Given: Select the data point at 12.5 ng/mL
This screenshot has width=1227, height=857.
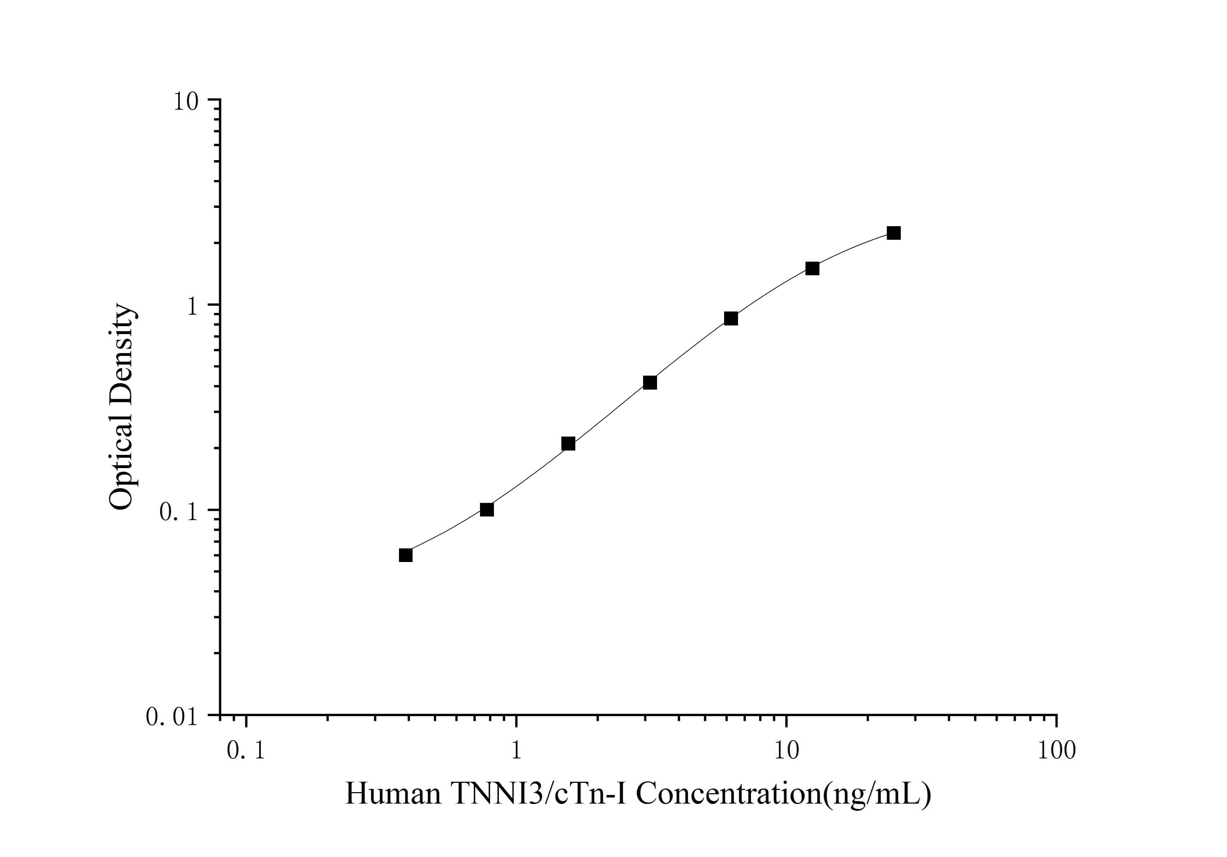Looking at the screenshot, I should pyautogui.click(x=812, y=268).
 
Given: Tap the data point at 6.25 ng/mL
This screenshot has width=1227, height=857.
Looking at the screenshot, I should pyautogui.click(x=731, y=318).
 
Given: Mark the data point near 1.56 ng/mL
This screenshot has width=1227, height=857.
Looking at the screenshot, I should pyautogui.click(x=568, y=443).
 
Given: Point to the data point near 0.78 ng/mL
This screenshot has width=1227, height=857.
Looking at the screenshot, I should pyautogui.click(x=487, y=510).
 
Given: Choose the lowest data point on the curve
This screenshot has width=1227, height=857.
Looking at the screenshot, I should pyautogui.click(x=406, y=555).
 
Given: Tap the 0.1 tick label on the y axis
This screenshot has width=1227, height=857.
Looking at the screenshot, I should pyautogui.click(x=179, y=511).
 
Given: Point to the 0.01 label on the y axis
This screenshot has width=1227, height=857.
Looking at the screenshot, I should pyautogui.click(x=172, y=716).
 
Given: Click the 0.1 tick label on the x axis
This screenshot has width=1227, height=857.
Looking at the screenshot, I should pyautogui.click(x=246, y=751).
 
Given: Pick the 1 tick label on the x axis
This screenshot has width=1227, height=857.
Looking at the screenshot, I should pyautogui.click(x=516, y=751).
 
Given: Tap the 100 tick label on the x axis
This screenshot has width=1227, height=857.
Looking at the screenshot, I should pyautogui.click(x=1056, y=751).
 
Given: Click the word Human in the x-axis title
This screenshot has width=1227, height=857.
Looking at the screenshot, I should pyautogui.click(x=393, y=794).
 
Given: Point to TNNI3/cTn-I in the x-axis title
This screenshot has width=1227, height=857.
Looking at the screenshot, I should pyautogui.click(x=540, y=794).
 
